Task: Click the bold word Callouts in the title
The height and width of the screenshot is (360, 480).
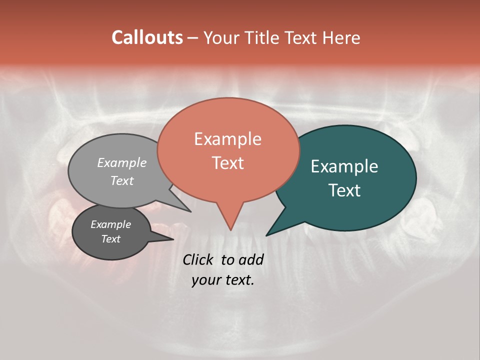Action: (147, 37)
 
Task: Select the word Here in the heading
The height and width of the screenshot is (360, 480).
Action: (341, 37)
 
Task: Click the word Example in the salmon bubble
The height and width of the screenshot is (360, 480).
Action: (227, 139)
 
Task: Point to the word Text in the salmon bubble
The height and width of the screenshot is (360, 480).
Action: (228, 163)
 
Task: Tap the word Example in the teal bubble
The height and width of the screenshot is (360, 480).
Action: (344, 166)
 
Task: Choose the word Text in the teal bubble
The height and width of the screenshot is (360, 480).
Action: (344, 190)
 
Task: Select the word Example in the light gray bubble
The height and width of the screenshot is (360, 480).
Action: (122, 162)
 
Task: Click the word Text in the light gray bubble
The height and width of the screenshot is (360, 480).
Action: (122, 180)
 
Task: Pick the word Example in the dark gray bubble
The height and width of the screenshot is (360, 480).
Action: (110, 224)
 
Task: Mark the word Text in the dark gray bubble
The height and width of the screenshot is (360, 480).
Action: (110, 239)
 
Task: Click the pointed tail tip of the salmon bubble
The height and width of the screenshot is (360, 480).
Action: (230, 230)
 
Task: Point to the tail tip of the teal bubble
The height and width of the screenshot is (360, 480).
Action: (267, 235)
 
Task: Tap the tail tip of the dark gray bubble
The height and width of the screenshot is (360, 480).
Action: (173, 239)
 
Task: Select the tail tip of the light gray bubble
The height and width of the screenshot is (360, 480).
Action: (190, 211)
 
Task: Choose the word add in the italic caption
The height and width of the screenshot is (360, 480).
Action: (251, 259)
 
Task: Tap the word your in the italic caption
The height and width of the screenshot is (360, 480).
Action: (205, 280)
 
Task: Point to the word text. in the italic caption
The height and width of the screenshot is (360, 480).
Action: (238, 280)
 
